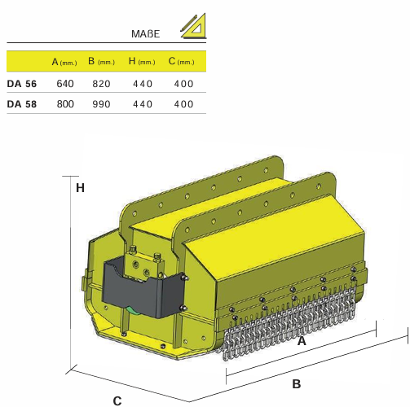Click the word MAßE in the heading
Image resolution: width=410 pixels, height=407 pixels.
(x=145, y=34)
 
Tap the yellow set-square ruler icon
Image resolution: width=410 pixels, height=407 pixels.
(x=194, y=26)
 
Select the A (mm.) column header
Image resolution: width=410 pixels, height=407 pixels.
(x=64, y=62)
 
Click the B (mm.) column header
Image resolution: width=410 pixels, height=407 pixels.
(x=101, y=61)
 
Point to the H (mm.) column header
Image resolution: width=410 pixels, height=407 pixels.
(x=142, y=61)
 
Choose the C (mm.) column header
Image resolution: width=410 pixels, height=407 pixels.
(x=181, y=61)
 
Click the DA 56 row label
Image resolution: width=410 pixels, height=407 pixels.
(x=22, y=84)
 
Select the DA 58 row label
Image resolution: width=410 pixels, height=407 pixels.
(x=22, y=104)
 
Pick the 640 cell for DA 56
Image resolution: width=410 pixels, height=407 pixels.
(x=65, y=84)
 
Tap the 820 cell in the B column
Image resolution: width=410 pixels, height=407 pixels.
(x=101, y=84)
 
